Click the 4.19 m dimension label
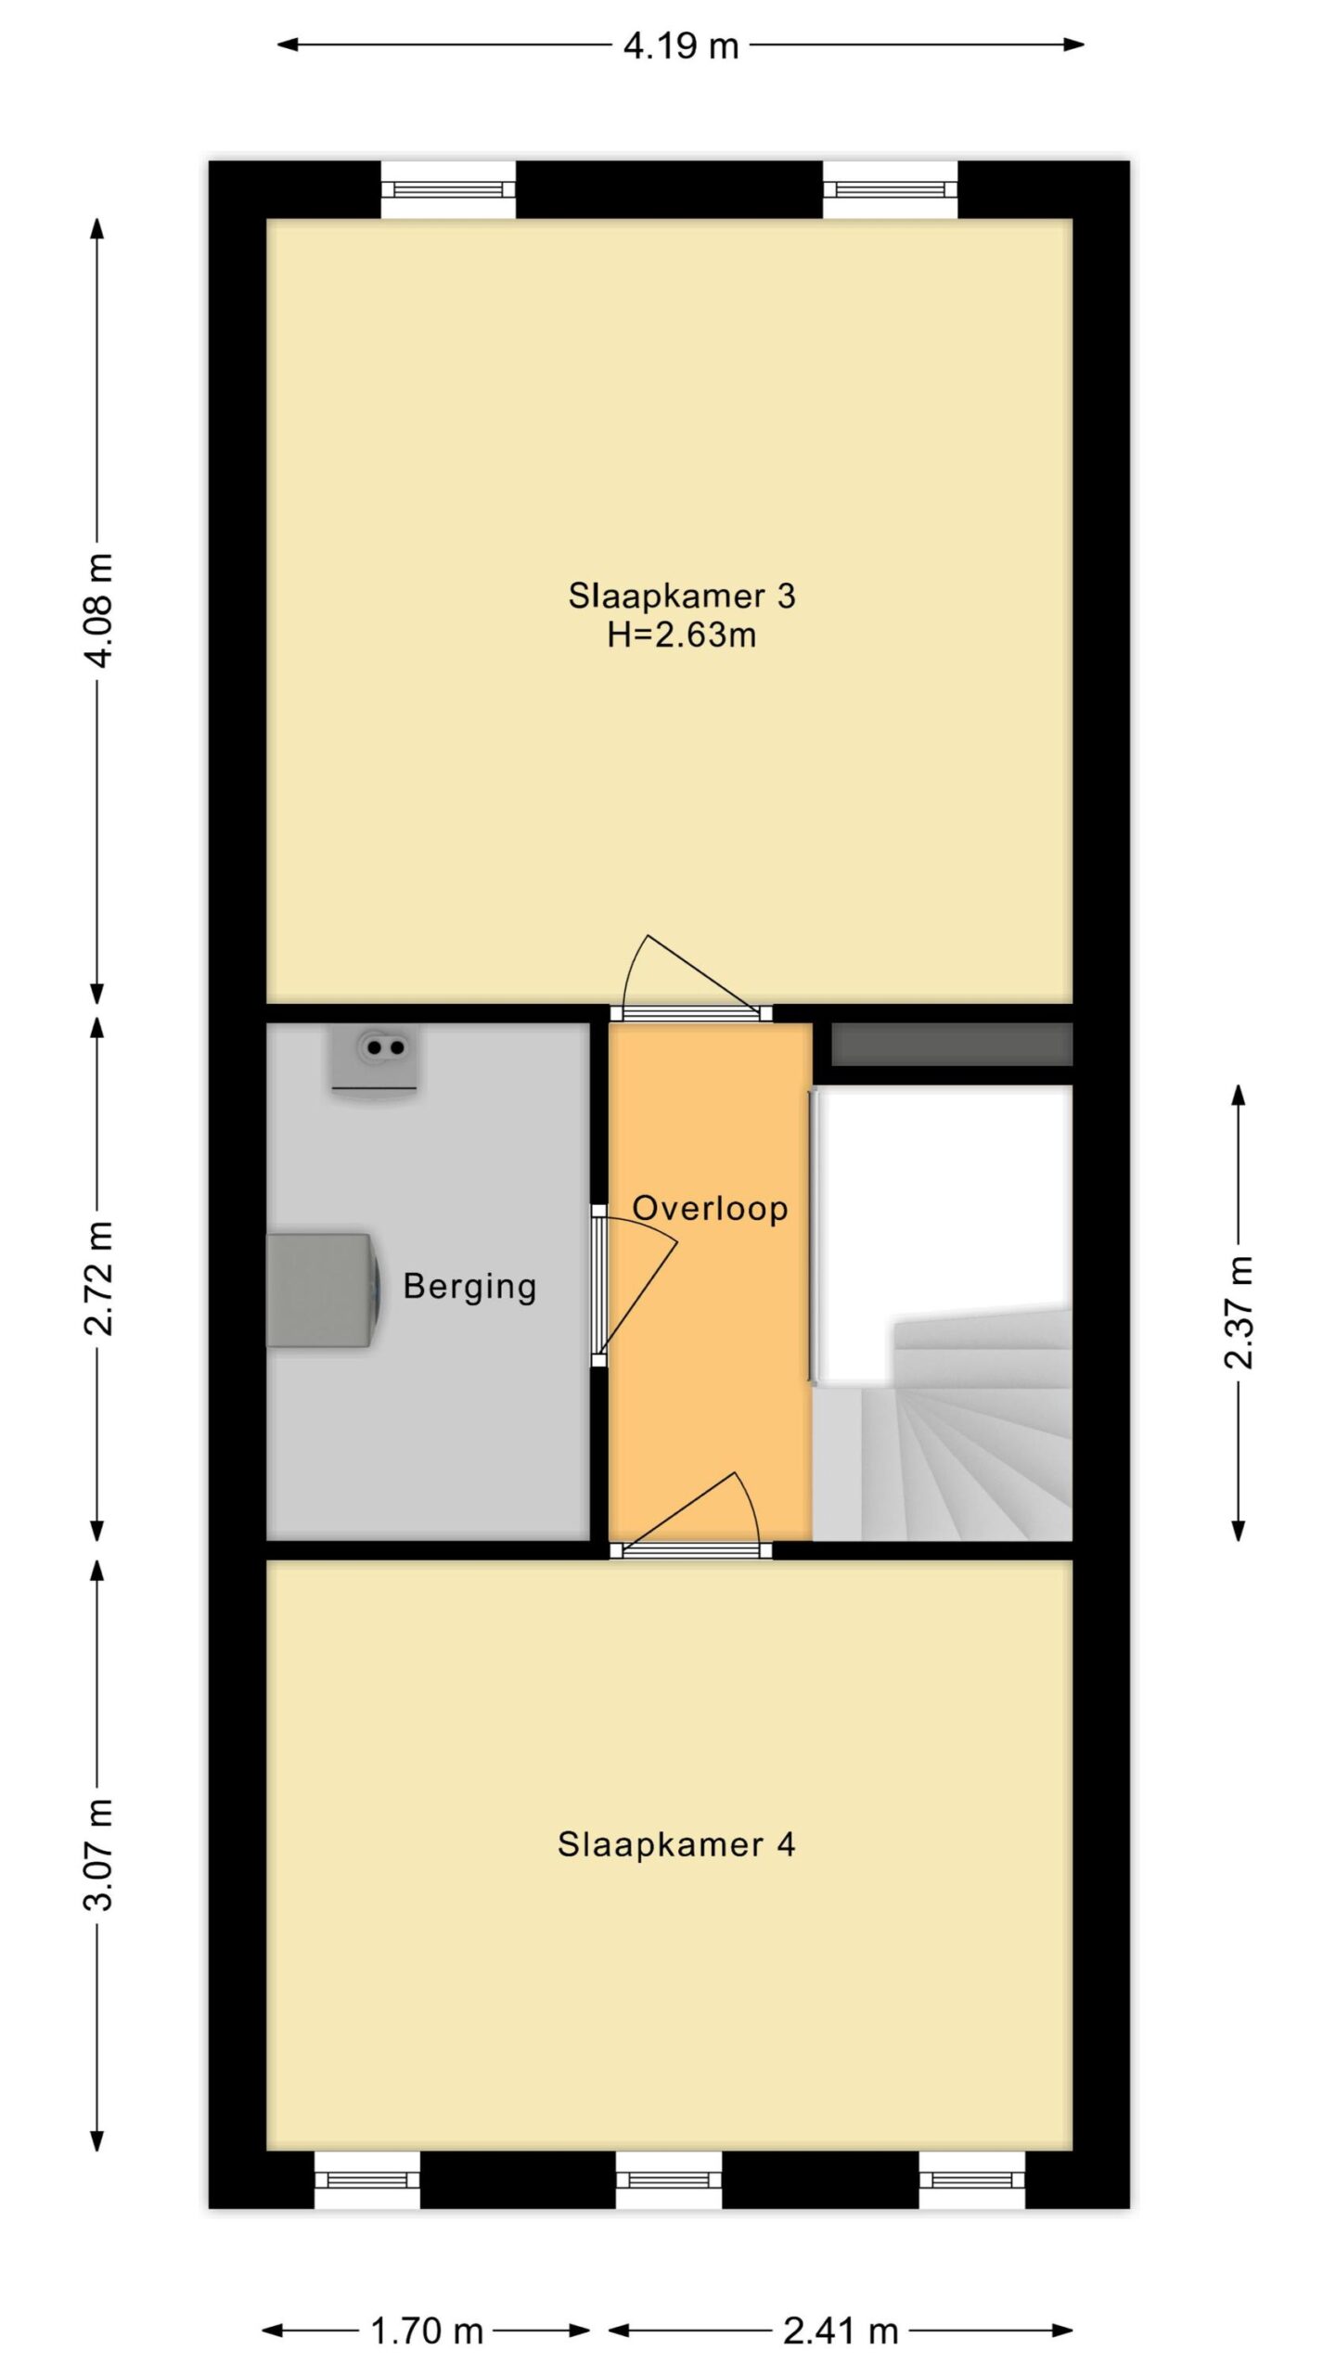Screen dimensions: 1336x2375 click(x=680, y=45)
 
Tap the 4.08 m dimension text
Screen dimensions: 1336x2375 click(x=98, y=610)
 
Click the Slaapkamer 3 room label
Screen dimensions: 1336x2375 click(x=682, y=596)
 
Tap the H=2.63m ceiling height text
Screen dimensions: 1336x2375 click(x=682, y=635)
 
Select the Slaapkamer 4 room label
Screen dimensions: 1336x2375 click(x=676, y=1844)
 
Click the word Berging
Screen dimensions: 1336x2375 click(x=470, y=1288)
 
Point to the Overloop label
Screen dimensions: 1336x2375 click(x=710, y=1208)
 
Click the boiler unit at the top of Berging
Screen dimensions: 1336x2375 click(x=375, y=1059)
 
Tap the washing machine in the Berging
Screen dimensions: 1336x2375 click(x=321, y=1290)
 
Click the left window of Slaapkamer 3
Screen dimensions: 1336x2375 click(x=448, y=189)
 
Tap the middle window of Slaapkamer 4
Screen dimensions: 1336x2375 click(x=669, y=2179)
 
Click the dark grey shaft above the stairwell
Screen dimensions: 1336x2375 click(x=952, y=1045)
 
